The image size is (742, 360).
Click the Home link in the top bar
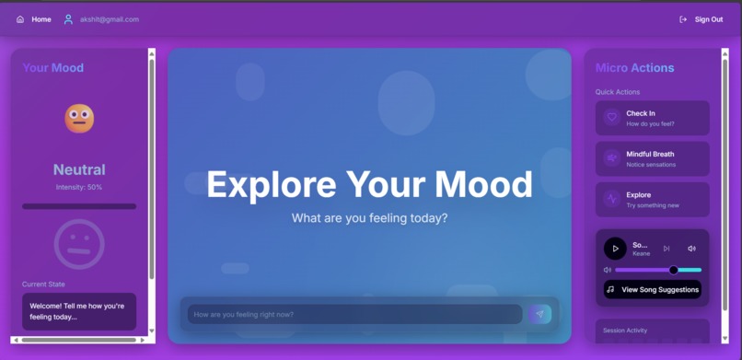41,19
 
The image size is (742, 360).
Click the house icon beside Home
20,19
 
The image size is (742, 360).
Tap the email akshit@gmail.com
109,19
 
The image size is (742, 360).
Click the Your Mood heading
52,67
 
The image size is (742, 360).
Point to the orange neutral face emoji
79,118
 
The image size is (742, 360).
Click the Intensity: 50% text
79,187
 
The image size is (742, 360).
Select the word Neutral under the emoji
79,169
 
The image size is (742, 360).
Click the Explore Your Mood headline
369,184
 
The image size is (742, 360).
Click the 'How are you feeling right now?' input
354,314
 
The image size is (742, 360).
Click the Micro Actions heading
634,67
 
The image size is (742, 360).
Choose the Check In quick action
652,118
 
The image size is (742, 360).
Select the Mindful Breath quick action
652,158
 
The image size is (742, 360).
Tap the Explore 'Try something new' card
652,199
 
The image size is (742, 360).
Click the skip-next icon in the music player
667,249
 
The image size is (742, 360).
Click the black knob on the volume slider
673,270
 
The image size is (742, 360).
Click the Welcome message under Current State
79,311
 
